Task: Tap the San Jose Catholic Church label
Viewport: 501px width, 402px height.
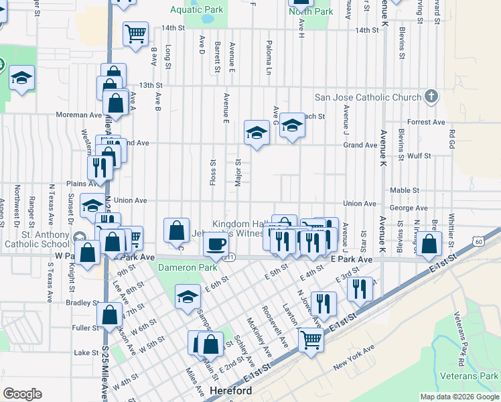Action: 368,97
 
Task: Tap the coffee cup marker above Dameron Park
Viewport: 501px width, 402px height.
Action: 216,245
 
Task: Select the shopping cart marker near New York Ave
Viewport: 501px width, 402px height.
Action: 311,339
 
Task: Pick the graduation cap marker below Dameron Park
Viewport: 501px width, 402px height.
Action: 188,296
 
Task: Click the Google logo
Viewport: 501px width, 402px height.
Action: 22,394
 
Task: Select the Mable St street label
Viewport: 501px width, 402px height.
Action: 404,190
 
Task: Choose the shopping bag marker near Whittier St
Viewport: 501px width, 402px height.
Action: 429,245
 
